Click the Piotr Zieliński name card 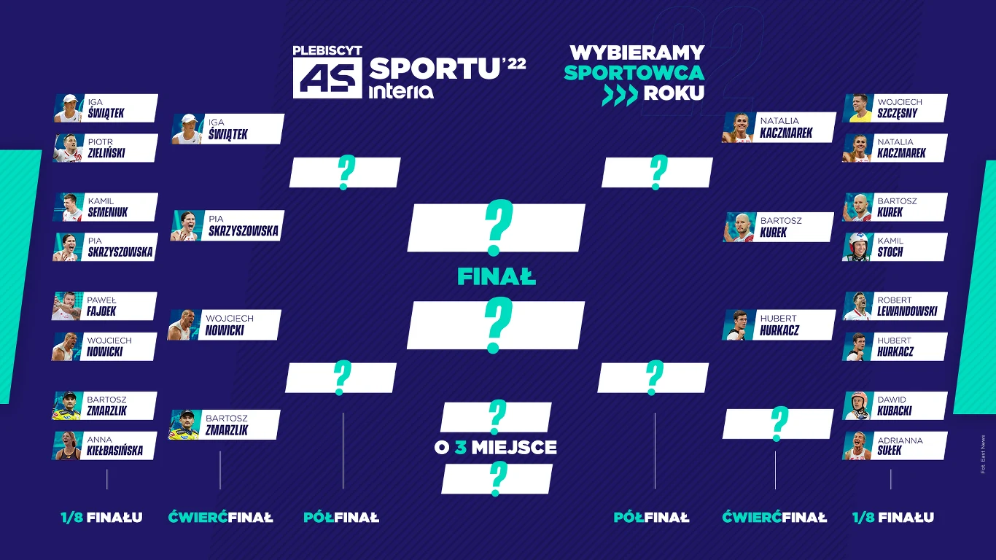tap(106, 148)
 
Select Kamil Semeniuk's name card tap(106, 207)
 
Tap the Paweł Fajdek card tap(104, 306)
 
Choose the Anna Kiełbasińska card tap(104, 446)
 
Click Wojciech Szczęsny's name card tap(895, 108)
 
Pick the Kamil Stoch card tap(895, 247)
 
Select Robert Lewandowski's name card tap(895, 306)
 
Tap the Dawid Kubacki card tap(895, 405)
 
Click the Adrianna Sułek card tap(895, 446)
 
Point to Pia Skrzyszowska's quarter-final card tap(227, 225)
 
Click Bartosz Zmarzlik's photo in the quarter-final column tap(183, 425)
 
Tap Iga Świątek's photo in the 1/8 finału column tap(69, 108)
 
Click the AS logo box tap(327, 77)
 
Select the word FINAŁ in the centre tap(497, 277)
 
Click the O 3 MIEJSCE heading tap(495, 448)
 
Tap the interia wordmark tap(401, 92)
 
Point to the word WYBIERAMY tap(637, 52)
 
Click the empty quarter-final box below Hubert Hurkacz tap(778, 424)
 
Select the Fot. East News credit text tap(983, 454)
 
